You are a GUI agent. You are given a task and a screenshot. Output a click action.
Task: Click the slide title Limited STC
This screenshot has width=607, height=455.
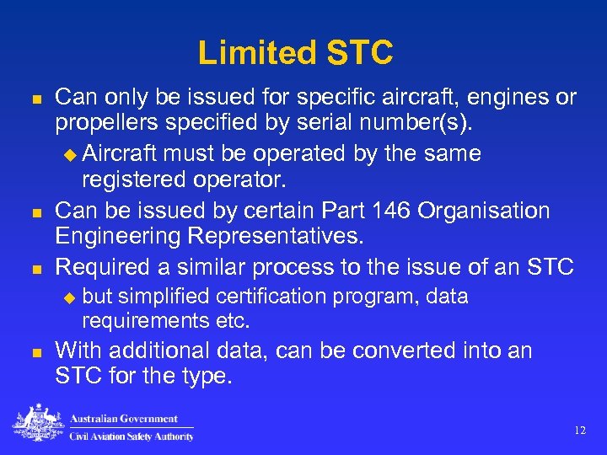295,53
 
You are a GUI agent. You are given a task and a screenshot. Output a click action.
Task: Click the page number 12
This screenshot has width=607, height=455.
579,431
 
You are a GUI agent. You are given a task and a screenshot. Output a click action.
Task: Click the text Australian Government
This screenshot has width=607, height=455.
124,419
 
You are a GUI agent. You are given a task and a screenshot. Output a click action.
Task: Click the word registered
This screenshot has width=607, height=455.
137,180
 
